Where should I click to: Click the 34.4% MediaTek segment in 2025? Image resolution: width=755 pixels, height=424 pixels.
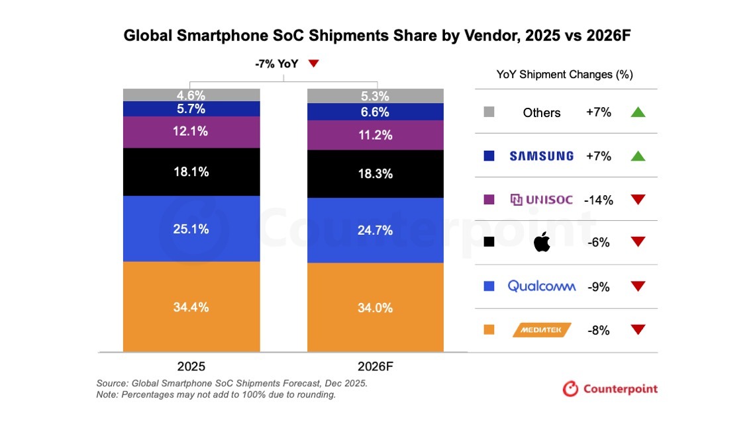tap(191, 306)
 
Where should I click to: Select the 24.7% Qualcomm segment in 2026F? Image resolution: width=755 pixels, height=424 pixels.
tap(375, 230)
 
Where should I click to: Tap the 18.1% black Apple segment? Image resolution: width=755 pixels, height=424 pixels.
tap(191, 172)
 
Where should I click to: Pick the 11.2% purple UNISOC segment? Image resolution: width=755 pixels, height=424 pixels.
tap(375, 135)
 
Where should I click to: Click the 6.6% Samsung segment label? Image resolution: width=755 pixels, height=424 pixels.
tap(375, 112)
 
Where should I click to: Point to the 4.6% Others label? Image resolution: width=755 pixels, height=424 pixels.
tap(191, 95)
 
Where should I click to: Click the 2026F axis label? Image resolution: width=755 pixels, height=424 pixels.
tap(375, 366)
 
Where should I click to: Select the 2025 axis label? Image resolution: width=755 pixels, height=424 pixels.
tap(191, 366)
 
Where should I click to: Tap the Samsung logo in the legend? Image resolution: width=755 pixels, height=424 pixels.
tap(541, 156)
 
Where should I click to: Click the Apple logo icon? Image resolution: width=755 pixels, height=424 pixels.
tap(542, 243)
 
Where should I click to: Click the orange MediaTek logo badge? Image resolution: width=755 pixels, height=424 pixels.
tap(542, 329)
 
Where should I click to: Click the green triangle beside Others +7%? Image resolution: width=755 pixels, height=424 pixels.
tap(638, 112)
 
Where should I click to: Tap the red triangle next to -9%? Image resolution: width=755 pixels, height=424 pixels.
tap(638, 286)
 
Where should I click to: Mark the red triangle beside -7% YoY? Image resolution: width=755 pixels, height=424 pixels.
tap(314, 64)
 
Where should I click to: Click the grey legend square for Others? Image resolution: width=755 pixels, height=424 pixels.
tap(489, 112)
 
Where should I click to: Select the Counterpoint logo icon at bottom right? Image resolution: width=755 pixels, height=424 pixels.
tap(570, 388)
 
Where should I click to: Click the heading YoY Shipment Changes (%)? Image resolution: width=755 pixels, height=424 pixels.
tap(564, 75)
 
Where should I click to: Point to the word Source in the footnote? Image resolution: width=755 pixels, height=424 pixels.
tap(111, 383)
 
